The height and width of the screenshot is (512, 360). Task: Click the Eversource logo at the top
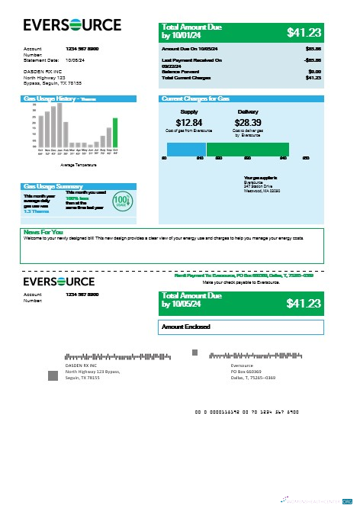tap(72, 25)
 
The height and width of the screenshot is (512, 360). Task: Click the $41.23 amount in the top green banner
tap(304, 32)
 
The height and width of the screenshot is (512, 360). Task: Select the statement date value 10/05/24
tap(76, 59)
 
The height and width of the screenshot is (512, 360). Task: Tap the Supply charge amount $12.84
tap(188, 122)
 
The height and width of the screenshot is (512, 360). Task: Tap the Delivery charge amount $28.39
tap(248, 122)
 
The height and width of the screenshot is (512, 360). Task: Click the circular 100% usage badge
tap(121, 204)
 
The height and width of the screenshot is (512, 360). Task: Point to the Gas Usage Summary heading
tap(53, 186)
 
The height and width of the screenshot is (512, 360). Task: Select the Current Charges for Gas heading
tap(196, 98)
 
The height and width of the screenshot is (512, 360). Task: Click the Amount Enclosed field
tap(242, 327)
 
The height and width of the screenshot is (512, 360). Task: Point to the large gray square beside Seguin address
tap(53, 375)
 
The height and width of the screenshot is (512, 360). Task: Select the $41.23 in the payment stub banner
tap(304, 303)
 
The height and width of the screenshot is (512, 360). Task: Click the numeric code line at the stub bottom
tap(246, 411)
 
